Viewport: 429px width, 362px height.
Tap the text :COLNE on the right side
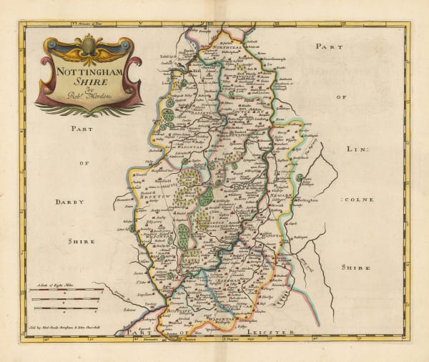pos(359,198)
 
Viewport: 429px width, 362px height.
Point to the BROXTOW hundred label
pos(157,195)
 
